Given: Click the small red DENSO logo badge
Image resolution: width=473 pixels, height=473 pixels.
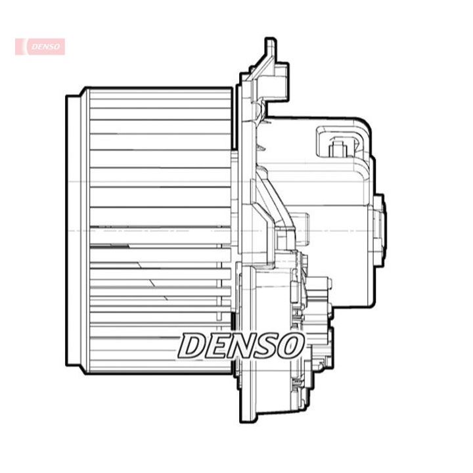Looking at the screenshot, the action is (x=40, y=47).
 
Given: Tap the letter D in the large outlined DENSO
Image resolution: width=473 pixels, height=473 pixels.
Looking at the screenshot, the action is (x=192, y=346).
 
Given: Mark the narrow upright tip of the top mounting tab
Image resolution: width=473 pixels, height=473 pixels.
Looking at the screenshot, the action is (x=270, y=45).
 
